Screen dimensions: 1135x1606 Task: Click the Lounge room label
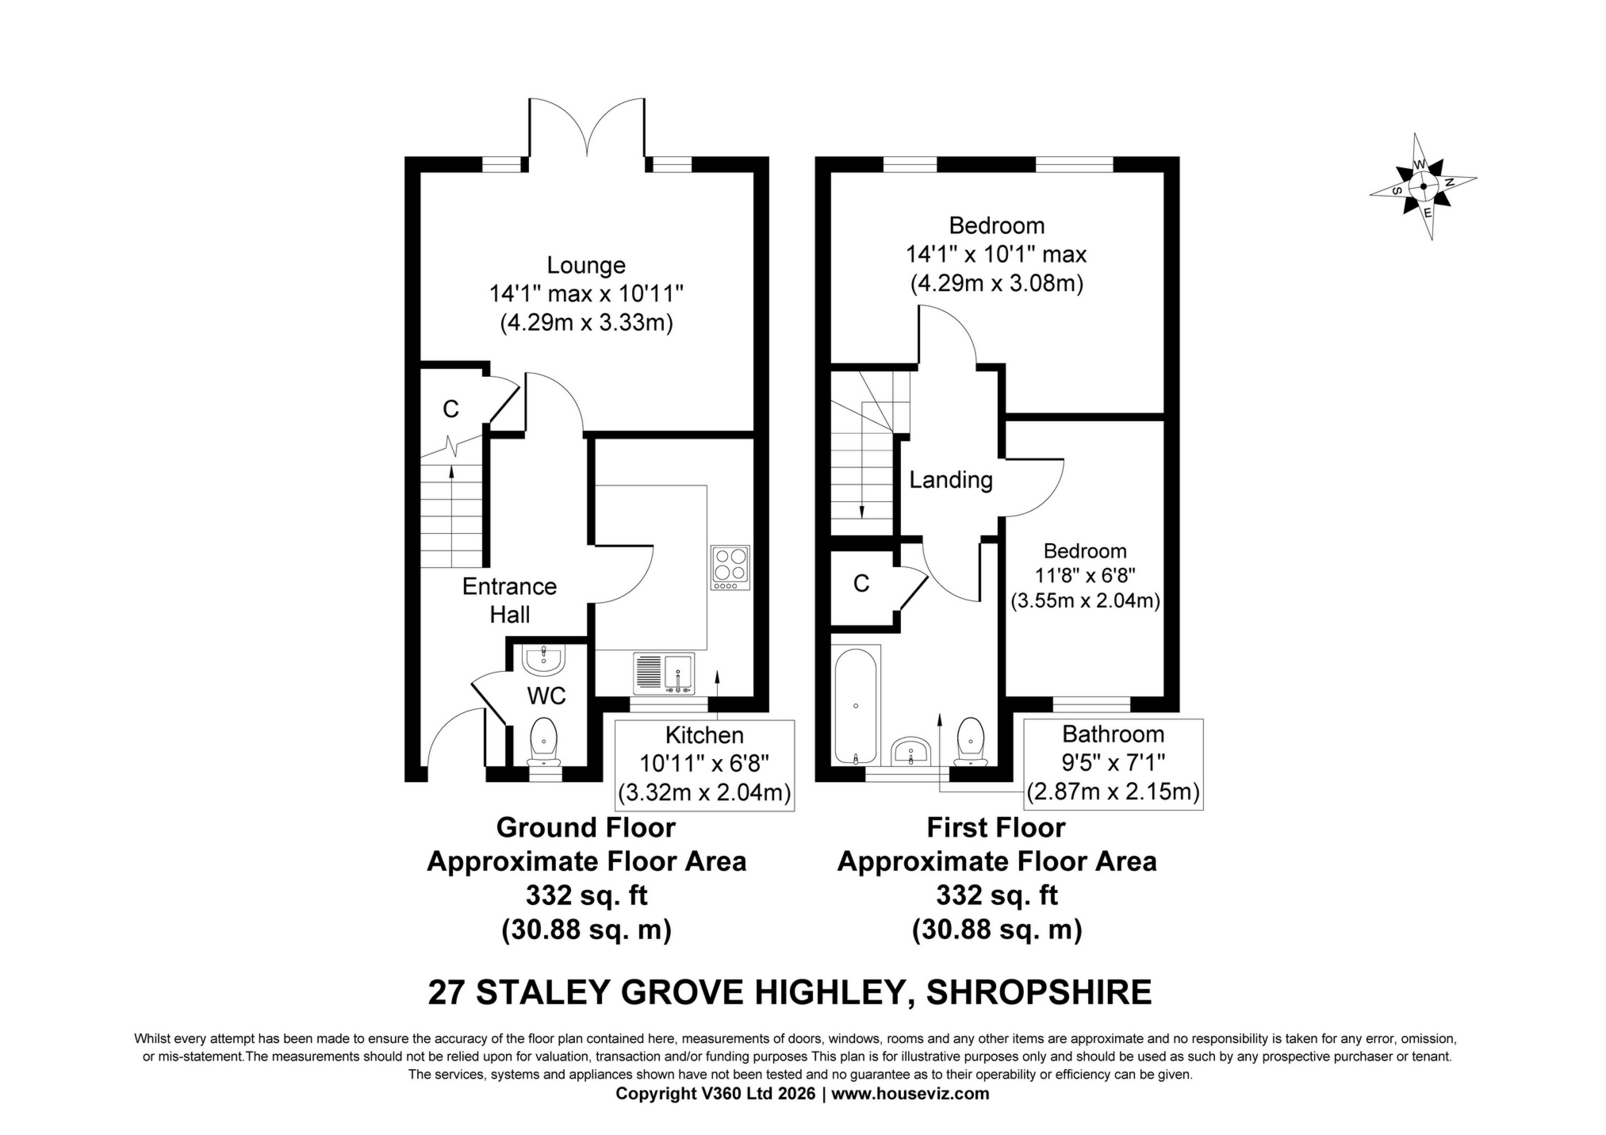click(x=585, y=265)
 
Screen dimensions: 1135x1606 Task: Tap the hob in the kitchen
click(x=730, y=567)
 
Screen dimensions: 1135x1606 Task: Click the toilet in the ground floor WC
click(x=544, y=738)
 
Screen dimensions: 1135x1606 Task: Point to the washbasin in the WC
click(x=544, y=658)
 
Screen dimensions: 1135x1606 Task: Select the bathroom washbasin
click(x=911, y=750)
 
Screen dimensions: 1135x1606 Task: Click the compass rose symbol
click(x=1423, y=187)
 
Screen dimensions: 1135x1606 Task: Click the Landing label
click(x=950, y=480)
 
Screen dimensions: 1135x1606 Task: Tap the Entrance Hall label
click(x=509, y=600)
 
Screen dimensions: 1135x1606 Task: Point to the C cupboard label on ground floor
click(x=450, y=409)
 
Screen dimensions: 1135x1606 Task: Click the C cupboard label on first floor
click(x=861, y=584)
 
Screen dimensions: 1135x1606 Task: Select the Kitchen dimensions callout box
click(x=704, y=764)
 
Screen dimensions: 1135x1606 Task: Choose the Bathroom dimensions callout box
click(x=1113, y=764)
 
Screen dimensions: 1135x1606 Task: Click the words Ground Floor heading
click(x=585, y=827)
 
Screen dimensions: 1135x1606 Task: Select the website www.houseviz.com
click(x=910, y=1094)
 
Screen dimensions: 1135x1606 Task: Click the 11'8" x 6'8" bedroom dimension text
click(x=1084, y=575)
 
